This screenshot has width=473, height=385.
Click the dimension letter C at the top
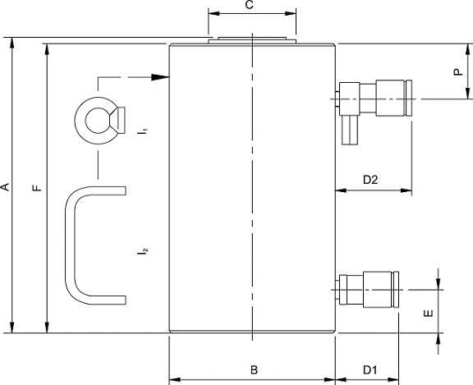pyautogui.click(x=249, y=5)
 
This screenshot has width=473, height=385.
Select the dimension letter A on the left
pyautogui.click(x=5, y=187)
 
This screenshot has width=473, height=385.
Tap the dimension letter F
pyautogui.click(x=37, y=188)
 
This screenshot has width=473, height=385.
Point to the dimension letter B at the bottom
pyautogui.click(x=255, y=370)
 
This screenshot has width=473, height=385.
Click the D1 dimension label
pyautogui.click(x=370, y=370)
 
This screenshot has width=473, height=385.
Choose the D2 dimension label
pyautogui.click(x=370, y=180)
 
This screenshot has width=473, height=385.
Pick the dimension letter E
pyautogui.click(x=429, y=314)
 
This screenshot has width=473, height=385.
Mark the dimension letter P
pyautogui.click(x=458, y=71)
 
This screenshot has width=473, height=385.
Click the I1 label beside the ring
pyautogui.click(x=143, y=131)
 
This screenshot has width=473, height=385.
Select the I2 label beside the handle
pyautogui.click(x=142, y=251)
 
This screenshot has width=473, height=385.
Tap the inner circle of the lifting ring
pyautogui.click(x=97, y=121)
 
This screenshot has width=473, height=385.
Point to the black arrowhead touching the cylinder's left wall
pyautogui.click(x=160, y=77)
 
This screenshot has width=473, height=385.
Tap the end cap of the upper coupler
pyautogui.click(x=409, y=98)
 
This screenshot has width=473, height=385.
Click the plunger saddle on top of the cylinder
pyautogui.click(x=252, y=41)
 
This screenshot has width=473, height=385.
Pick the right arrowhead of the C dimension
pyautogui.click(x=291, y=14)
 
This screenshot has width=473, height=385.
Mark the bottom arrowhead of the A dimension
pyautogui.click(x=12, y=328)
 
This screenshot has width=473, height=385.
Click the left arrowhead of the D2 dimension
pyautogui.click(x=341, y=190)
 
